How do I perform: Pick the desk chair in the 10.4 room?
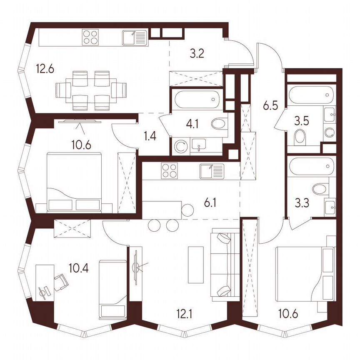(61, 282)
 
